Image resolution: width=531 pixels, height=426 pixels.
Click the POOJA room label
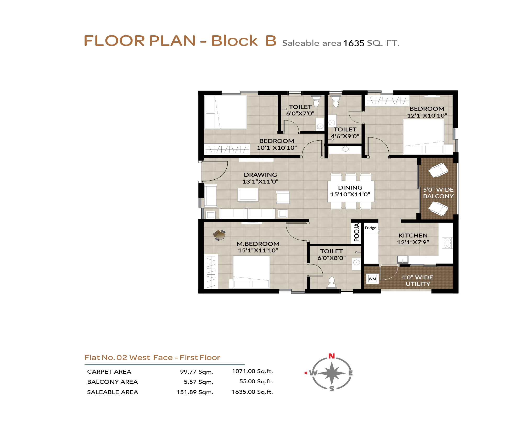pyautogui.click(x=356, y=232)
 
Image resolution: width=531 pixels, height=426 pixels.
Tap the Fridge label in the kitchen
pyautogui.click(x=370, y=228)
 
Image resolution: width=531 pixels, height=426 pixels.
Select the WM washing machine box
pyautogui.click(x=372, y=279)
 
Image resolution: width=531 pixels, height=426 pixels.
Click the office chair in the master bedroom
pyautogui.click(x=219, y=235)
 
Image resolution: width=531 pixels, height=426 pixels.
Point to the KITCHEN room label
pyautogui.click(x=413, y=235)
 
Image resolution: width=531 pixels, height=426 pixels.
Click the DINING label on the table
pyautogui.click(x=350, y=187)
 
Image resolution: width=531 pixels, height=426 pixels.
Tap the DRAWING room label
pyautogui.click(x=260, y=175)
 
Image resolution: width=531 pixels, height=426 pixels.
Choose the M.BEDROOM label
pyautogui.click(x=258, y=244)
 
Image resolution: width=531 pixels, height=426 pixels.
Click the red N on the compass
pyautogui.click(x=332, y=356)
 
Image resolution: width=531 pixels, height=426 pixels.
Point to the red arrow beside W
pyautogui.click(x=305, y=373)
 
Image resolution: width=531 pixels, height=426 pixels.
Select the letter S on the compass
pyautogui.click(x=332, y=389)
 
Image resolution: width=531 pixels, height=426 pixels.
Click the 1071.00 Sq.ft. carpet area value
pyautogui.click(x=252, y=371)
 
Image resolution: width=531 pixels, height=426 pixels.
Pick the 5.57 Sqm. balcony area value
pyautogui.click(x=199, y=382)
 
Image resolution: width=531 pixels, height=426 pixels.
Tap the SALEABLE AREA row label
pyautogui.click(x=113, y=392)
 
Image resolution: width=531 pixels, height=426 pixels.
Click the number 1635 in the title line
pyautogui.click(x=354, y=43)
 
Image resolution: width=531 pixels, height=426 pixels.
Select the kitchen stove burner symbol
pyautogui.click(x=447, y=243)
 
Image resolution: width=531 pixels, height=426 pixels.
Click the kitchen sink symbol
pyautogui.click(x=403, y=259)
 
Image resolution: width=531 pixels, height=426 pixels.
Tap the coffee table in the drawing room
pyautogui.click(x=248, y=195)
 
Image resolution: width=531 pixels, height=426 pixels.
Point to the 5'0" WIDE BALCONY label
pyautogui.click(x=438, y=193)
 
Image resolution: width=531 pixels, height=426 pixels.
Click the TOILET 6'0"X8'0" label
pyautogui.click(x=332, y=255)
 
